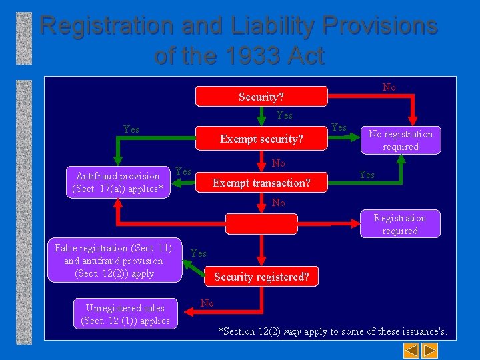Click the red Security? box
pos(261,97)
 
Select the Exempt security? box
pos(261,139)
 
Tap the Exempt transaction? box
pos(261,182)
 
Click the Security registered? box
pos(261,277)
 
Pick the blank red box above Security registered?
pos(261,224)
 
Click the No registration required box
pos(401,140)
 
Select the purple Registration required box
pos(400,224)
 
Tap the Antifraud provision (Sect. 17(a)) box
pos(118,183)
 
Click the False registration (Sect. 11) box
pos(114,261)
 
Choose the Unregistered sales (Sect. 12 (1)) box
pos(125,314)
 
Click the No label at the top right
pos(389,87)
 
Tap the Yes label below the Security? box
pos(284,115)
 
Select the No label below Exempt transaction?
pos(279,203)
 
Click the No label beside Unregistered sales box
pos(207,303)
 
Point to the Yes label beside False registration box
pos(199,253)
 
